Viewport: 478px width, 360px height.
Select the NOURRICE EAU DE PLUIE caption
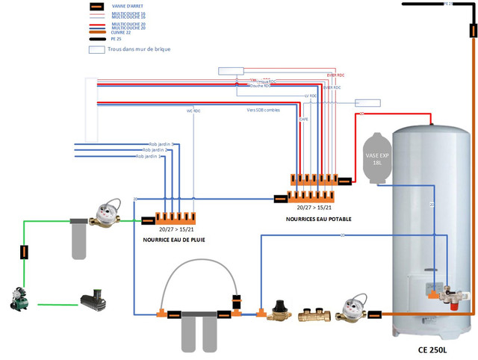(x=174, y=240)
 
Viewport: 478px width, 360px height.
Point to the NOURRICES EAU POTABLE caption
(x=318, y=220)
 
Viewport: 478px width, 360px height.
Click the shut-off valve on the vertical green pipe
(x=25, y=252)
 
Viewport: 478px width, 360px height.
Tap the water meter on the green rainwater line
(x=104, y=216)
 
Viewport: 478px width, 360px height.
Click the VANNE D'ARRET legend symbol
(x=96, y=7)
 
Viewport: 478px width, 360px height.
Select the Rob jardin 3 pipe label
(x=161, y=143)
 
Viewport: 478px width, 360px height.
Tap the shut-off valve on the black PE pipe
(x=473, y=31)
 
